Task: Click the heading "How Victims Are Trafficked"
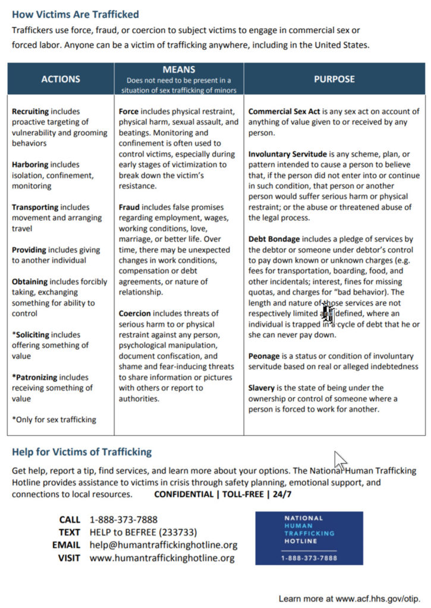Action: [x=75, y=14]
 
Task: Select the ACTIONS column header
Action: [x=61, y=79]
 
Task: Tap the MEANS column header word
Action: [x=178, y=69]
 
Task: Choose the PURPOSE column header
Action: [x=334, y=79]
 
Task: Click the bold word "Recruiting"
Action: [x=30, y=111]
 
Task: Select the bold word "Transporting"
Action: [x=35, y=207]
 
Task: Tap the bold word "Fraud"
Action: [x=129, y=207]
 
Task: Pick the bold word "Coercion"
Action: [x=135, y=313]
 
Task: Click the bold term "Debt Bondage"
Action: [x=273, y=239]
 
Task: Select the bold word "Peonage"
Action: [x=264, y=356]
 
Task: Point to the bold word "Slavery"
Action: [x=262, y=388]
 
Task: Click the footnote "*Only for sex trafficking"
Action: [x=54, y=419]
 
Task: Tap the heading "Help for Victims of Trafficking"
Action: [x=81, y=452]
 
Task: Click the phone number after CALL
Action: [x=124, y=520]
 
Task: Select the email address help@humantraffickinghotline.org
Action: [x=163, y=544]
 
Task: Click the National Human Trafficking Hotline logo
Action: [x=309, y=538]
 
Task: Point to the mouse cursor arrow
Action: [x=339, y=459]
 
